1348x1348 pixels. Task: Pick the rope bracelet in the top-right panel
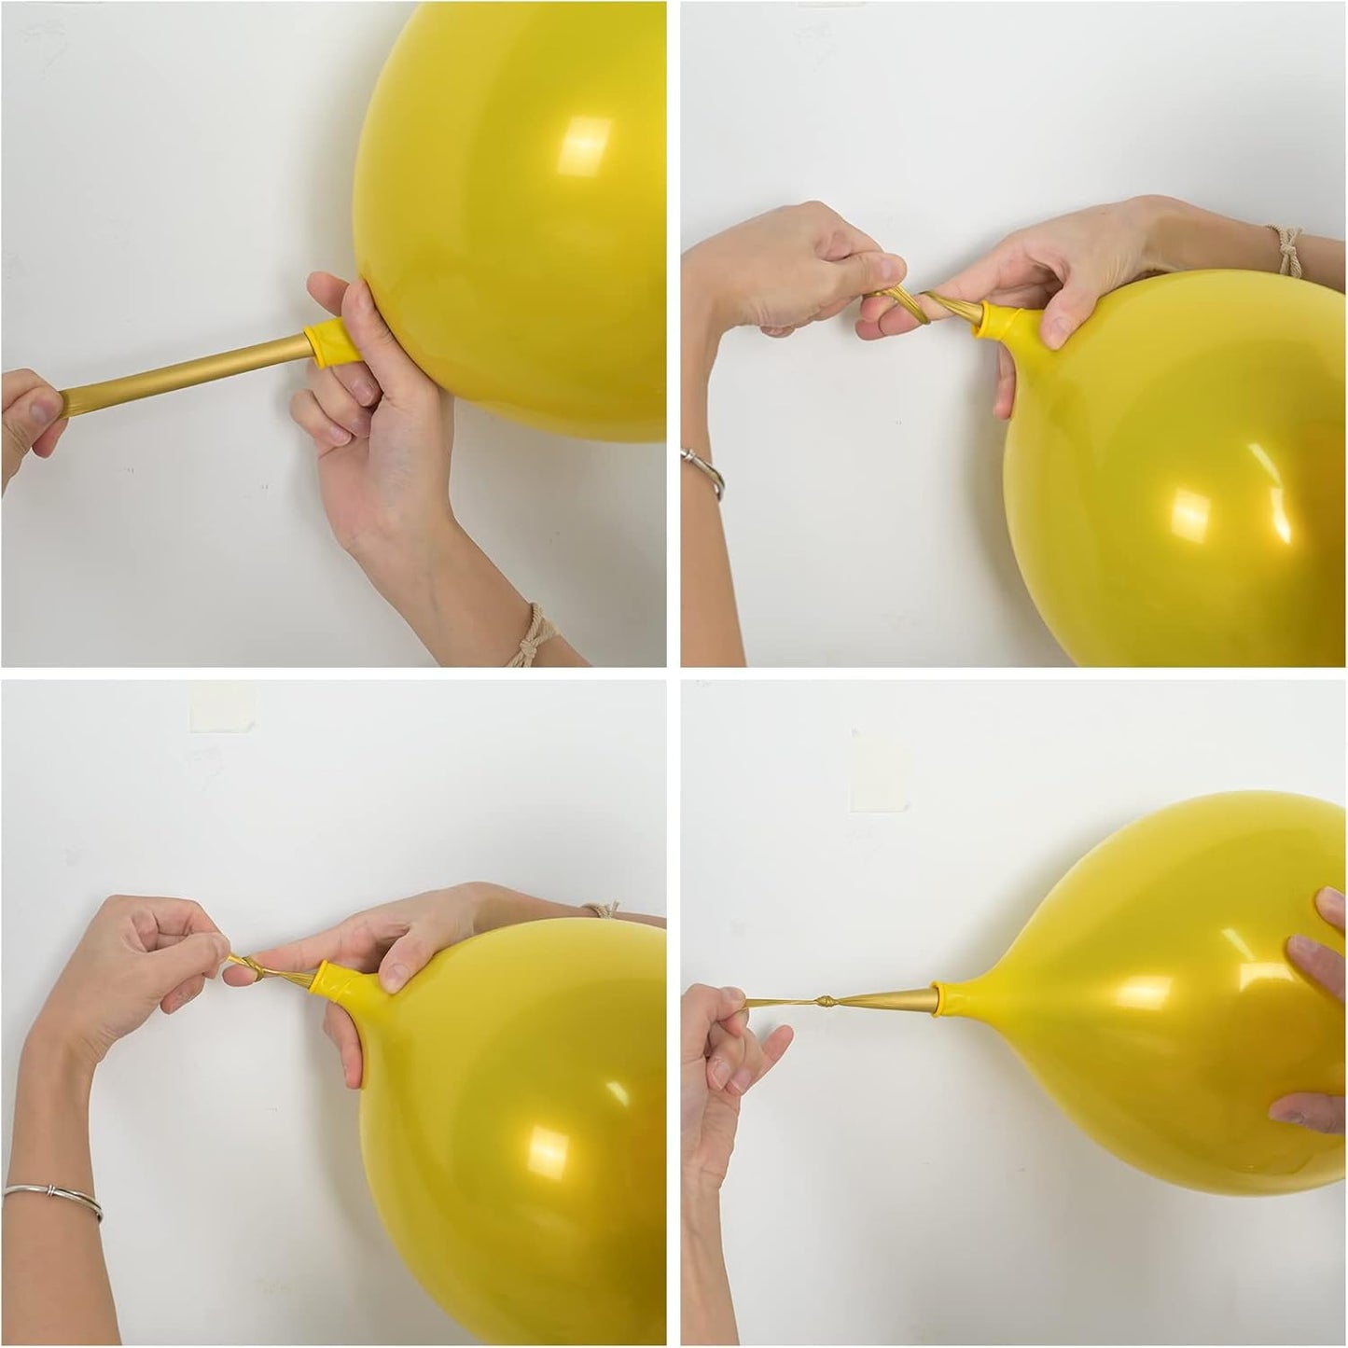click(x=1289, y=249)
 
